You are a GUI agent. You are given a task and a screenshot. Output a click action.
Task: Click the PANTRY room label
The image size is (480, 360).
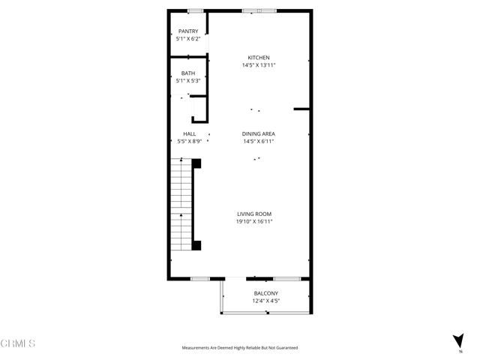click(x=188, y=31)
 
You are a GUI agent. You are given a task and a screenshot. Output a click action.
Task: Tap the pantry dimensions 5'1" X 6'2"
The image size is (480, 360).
click(x=188, y=39)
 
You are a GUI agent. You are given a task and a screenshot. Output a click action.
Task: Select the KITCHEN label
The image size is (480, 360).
click(x=259, y=58)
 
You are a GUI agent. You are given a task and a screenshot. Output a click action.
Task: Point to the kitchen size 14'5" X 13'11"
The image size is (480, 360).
click(x=259, y=66)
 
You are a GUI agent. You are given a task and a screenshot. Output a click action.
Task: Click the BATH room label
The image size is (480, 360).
click(x=188, y=73)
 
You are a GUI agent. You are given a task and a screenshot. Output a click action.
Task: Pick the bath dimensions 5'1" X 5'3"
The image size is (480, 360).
click(x=188, y=81)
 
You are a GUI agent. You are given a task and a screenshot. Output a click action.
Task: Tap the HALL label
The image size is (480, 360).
click(x=189, y=133)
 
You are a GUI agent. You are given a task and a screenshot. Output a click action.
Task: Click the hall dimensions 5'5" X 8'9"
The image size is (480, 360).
click(x=189, y=142)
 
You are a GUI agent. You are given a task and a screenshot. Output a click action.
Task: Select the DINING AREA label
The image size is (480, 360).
click(x=259, y=133)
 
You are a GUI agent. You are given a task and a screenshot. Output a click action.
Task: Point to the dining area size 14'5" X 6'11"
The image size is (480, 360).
click(x=259, y=142)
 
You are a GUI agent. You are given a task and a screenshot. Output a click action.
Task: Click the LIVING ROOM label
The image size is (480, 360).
click(x=255, y=214)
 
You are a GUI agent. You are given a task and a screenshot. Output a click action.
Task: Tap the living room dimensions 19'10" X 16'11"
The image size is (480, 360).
click(x=255, y=222)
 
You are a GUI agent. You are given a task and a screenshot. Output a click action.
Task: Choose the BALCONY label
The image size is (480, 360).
click(x=266, y=293)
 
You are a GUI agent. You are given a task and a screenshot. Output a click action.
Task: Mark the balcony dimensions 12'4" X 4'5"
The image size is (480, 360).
click(x=266, y=301)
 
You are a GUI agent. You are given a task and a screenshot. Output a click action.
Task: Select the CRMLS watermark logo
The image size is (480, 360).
click(x=19, y=343)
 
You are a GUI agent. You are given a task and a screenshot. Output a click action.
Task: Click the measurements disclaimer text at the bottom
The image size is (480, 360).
click(x=240, y=348)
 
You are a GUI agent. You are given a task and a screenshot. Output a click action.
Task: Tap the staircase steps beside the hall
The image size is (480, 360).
click(x=181, y=206)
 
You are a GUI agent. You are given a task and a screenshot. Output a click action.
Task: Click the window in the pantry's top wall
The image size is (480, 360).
click(x=196, y=10)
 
